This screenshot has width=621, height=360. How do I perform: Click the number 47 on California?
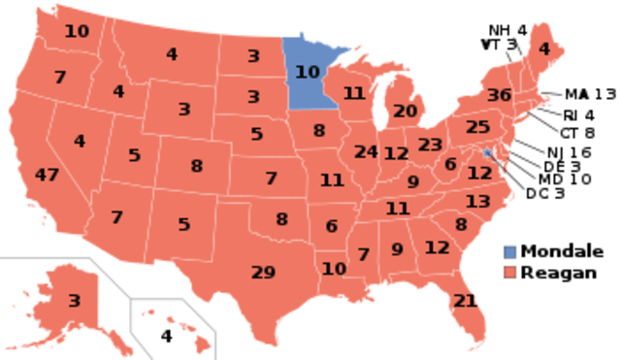pyautogui.click(x=47, y=176)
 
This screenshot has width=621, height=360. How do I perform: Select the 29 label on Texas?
pyautogui.click(x=263, y=273)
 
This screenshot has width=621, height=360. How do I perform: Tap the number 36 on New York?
pyautogui.click(x=499, y=95)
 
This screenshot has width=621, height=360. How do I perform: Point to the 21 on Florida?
pyautogui.click(x=465, y=301)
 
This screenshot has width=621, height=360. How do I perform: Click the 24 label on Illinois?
pyautogui.click(x=366, y=152)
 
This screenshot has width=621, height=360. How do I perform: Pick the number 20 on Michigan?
pyautogui.click(x=405, y=112)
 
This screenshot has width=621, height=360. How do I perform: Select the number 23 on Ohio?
pyautogui.click(x=430, y=145)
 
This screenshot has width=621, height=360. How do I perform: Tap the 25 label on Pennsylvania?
pyautogui.click(x=477, y=127)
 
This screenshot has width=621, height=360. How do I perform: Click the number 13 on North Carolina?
pyautogui.click(x=477, y=202)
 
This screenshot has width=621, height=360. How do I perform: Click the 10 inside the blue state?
pyautogui.click(x=307, y=72)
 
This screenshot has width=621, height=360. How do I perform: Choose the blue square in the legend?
pyautogui.click(x=510, y=253)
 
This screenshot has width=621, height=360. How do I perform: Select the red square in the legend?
pyautogui.click(x=510, y=273)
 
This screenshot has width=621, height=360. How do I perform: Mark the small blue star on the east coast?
pyautogui.click(x=487, y=152)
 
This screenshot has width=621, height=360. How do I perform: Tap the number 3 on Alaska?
pyautogui.click(x=74, y=301)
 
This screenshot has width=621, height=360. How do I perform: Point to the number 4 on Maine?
pyautogui.click(x=543, y=49)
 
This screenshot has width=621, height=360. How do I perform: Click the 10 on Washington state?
pyautogui.click(x=77, y=31)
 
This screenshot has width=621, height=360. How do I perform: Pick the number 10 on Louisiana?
pyautogui.click(x=334, y=269)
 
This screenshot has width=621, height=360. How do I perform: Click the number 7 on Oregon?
pyautogui.click(x=60, y=78)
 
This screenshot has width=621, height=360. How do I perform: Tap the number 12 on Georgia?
pyautogui.click(x=437, y=247)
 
